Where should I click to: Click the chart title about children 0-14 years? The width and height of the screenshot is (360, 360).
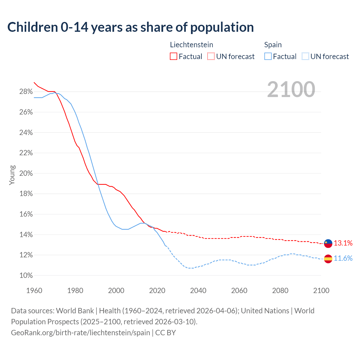pos(130,27)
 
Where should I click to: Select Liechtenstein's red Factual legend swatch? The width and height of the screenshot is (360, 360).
pos(174,57)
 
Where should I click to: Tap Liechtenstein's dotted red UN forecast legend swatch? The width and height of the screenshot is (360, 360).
pos(211,57)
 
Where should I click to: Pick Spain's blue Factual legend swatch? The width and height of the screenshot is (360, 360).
pos(268,57)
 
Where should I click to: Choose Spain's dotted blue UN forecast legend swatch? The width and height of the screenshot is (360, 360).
pos(305,57)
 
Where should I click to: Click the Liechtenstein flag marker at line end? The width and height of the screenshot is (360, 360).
pos(328,243)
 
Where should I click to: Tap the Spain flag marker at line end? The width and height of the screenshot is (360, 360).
pos(328,258)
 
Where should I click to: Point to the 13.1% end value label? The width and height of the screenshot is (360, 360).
pos(343,243)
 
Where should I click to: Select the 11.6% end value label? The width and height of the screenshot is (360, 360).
pos(343,258)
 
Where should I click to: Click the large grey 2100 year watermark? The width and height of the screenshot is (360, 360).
pos(291,89)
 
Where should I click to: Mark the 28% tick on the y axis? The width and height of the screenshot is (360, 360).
pos(26,92)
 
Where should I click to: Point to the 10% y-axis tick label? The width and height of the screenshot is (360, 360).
pos(26,276)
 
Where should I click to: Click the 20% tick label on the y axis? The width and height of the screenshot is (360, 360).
pos(26,174)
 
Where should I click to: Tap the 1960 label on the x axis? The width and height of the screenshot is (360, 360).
pos(34,291)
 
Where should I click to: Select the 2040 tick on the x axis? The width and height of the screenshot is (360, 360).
pos(198,291)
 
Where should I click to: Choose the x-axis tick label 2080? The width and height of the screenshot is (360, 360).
pos(280,291)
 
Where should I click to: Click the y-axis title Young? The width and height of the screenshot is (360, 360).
pos(12,175)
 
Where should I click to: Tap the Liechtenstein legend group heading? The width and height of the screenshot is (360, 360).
pos(192,45)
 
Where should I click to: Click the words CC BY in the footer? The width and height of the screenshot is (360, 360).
pos(166,333)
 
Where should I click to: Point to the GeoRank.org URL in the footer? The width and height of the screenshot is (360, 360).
pos(80,333)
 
